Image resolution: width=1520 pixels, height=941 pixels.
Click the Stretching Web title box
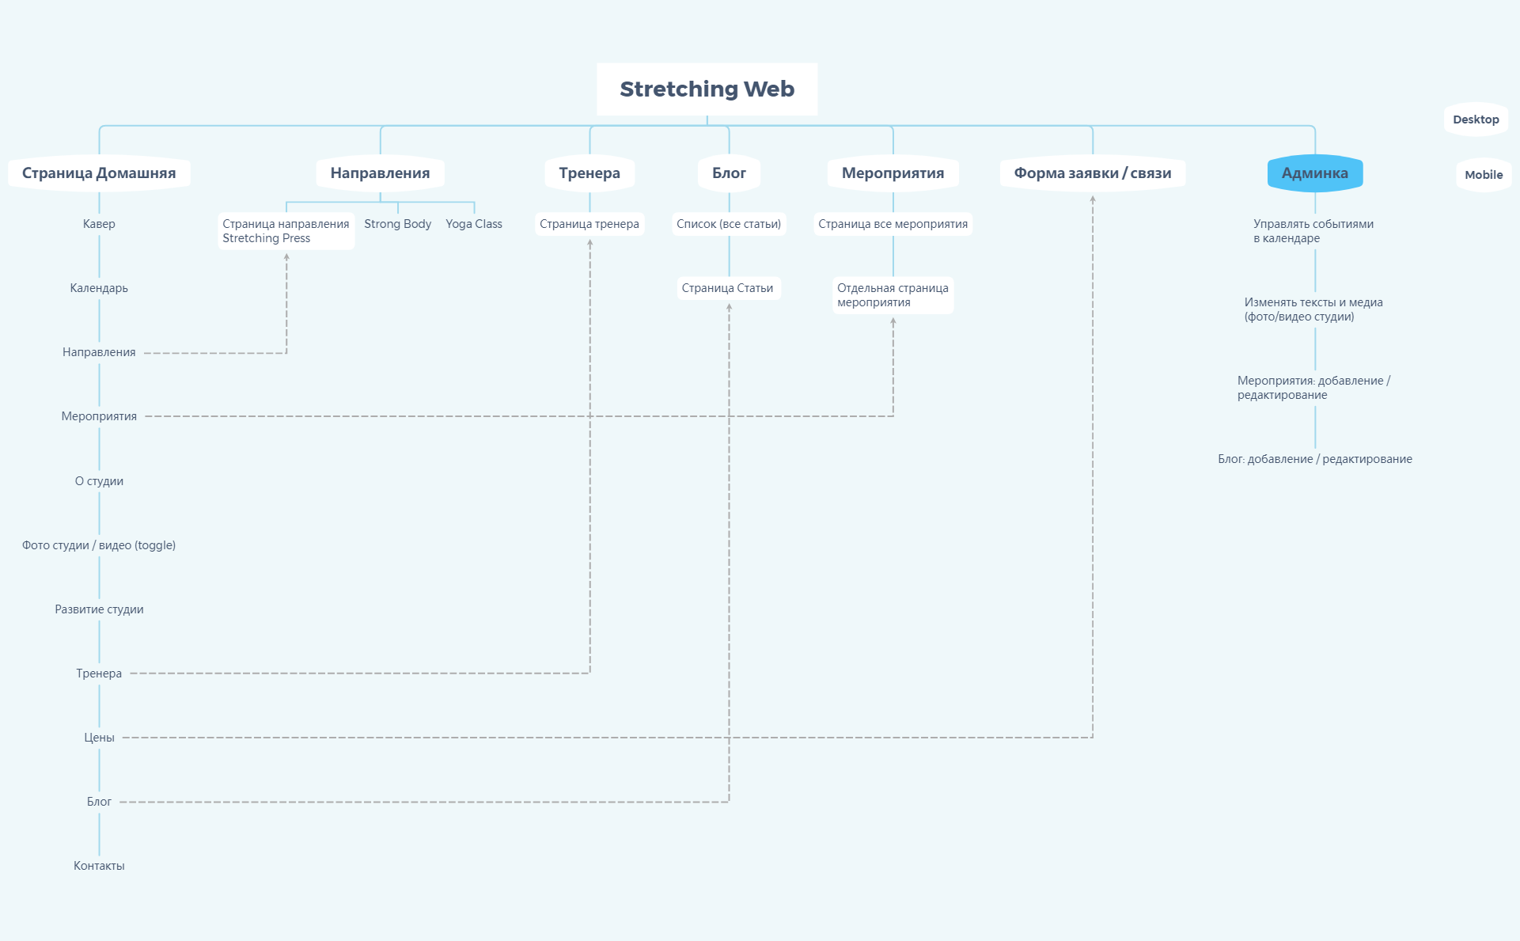[707, 89]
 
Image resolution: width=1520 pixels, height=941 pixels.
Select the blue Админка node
[1314, 173]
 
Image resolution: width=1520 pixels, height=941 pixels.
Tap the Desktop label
[1476, 120]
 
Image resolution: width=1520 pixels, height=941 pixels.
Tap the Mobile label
[1483, 175]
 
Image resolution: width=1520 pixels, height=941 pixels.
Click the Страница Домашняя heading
[99, 173]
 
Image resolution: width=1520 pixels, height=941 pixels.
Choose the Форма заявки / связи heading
[1092, 173]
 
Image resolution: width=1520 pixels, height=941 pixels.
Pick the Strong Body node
[397, 224]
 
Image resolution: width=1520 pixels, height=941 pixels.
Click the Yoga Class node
[473, 224]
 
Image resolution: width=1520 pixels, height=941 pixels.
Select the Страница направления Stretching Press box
[286, 231]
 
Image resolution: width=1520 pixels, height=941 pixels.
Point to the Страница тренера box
[589, 224]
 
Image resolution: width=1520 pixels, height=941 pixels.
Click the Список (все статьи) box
[729, 224]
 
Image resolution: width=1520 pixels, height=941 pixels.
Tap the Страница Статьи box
[727, 288]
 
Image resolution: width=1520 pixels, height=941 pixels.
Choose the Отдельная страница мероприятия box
[893, 295]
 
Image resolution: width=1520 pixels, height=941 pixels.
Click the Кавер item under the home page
[99, 224]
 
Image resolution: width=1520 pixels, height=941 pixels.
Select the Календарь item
[99, 288]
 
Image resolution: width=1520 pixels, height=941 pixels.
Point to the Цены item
[99, 738]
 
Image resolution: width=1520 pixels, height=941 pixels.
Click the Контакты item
[99, 866]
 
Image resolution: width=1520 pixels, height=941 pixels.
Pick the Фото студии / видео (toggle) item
[99, 545]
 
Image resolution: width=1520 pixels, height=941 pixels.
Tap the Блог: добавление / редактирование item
[1314, 459]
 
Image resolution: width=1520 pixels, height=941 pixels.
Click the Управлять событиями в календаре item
[1313, 231]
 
